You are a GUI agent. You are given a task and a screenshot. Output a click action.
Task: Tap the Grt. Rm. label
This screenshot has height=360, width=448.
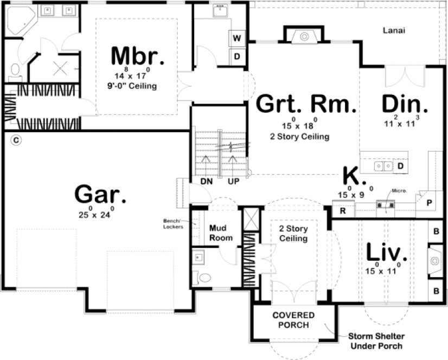306,104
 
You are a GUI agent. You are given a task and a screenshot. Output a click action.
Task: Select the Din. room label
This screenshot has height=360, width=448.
405,104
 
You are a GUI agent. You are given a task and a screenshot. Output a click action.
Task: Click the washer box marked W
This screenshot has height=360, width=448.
237,38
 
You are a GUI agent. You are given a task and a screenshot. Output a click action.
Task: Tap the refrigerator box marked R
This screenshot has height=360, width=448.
343,211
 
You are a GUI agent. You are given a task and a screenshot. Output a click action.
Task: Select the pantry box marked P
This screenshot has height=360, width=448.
428,203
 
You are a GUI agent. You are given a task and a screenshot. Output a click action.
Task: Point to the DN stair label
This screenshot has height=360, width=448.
206,182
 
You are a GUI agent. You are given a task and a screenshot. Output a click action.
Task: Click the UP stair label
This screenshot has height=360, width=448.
233,182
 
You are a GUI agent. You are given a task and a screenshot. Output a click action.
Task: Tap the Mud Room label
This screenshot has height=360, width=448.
221,233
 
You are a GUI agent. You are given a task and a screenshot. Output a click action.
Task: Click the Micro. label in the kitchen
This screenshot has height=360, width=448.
399,191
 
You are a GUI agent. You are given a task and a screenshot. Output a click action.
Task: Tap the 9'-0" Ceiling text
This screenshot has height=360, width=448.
132,86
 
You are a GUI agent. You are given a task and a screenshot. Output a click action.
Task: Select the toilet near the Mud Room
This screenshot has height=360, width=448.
204,278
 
